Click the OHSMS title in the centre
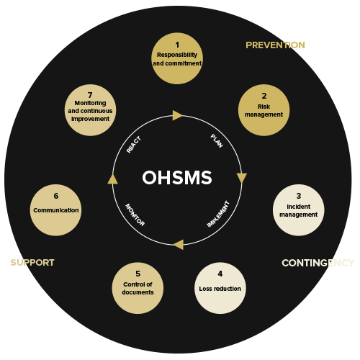click(x=177, y=178)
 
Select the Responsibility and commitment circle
click(x=177, y=58)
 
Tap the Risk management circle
click(x=264, y=110)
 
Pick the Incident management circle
click(x=299, y=210)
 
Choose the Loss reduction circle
click(x=220, y=288)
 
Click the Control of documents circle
click(x=138, y=288)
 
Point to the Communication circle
click(x=55, y=210)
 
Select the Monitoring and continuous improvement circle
click(x=90, y=110)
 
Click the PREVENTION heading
click(x=275, y=45)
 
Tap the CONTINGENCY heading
click(x=318, y=263)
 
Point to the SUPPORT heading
click(x=32, y=263)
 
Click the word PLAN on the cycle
click(x=217, y=141)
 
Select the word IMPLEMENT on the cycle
click(x=218, y=215)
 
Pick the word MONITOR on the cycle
click(x=135, y=215)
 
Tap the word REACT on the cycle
click(x=134, y=145)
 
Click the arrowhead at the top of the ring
click(x=178, y=115)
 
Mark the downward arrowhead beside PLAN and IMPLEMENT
click(x=242, y=178)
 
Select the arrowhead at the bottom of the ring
click(x=179, y=245)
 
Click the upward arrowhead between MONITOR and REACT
click(x=112, y=179)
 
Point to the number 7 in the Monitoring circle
click(x=90, y=95)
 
